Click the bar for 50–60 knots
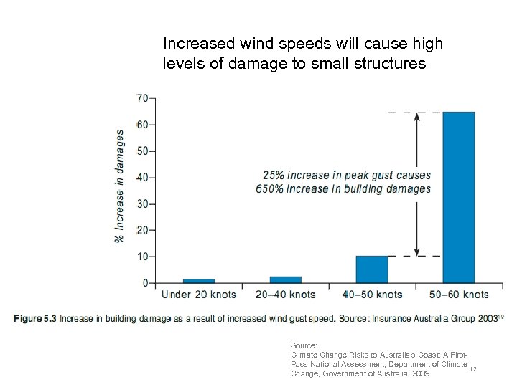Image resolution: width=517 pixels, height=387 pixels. [459, 197]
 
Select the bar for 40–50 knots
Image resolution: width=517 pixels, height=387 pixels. [372, 269]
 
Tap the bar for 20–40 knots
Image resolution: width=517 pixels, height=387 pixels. [285, 279]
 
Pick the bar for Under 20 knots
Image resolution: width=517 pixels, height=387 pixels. [199, 281]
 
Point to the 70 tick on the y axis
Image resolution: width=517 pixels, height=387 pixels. [143, 97]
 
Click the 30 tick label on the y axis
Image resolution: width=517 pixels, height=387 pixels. [143, 204]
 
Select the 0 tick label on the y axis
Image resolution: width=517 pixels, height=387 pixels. [146, 283]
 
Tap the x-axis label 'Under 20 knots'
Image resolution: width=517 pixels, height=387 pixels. [199, 295]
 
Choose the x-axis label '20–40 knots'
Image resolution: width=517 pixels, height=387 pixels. [286, 295]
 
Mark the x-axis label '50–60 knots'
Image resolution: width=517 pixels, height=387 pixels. [459, 295]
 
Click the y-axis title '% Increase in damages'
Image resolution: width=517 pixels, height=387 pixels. [120, 185]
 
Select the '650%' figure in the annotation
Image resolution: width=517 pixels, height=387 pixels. [269, 189]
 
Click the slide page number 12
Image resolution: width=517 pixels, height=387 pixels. [472, 369]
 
